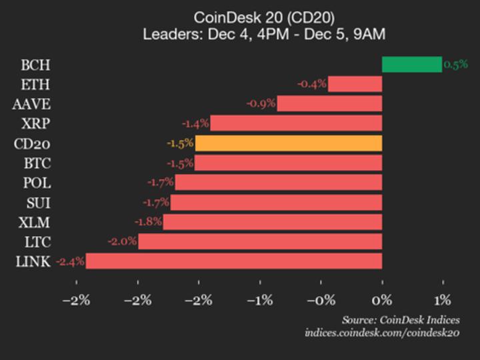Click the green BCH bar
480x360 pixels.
point(411,65)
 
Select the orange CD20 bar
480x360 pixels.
point(288,143)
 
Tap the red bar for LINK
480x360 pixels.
point(233,261)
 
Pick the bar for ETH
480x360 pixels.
point(355,84)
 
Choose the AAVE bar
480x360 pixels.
point(329,104)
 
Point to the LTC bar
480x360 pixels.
point(260,241)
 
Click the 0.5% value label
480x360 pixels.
point(456,65)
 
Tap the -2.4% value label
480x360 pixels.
point(70,261)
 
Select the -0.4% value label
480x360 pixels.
point(312,84)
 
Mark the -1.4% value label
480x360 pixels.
point(195,123)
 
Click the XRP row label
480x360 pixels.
point(35,123)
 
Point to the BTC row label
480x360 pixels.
point(36,163)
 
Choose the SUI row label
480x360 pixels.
point(37,202)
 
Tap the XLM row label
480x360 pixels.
point(35,222)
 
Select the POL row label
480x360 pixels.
point(37,183)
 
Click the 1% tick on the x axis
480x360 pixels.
point(443,299)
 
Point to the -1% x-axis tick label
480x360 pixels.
point(259,299)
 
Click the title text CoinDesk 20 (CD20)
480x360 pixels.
point(264,17)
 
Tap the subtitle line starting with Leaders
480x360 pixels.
point(264,34)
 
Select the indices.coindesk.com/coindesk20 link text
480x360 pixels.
point(382,333)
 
